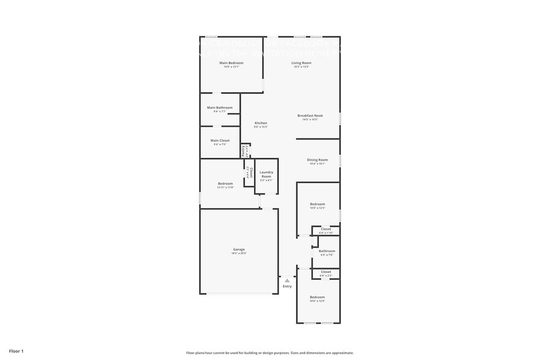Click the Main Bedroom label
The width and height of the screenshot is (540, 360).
[231, 63]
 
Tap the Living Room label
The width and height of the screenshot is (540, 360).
[301, 63]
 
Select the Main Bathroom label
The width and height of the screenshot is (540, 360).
[219, 108]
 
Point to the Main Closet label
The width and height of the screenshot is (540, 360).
[220, 141]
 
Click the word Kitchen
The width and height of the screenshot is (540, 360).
[261, 123]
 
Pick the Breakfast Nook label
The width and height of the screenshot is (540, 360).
[310, 116]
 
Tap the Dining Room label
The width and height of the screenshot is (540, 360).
[317, 160]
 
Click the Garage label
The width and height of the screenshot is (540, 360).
[239, 249]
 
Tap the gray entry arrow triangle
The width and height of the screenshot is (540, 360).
[287, 280]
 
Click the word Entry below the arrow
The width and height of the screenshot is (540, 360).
[287, 287]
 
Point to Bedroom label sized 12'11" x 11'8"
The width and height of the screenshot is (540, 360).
[225, 184]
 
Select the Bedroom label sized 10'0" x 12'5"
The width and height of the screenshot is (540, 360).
[317, 204]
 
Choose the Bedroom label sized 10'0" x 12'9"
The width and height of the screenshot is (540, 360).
[317, 297]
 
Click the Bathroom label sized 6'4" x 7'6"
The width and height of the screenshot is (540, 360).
[326, 251]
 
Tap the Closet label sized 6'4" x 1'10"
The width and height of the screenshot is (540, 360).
[326, 229]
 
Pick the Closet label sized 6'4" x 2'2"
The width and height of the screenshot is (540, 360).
[326, 272]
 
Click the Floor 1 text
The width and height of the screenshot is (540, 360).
[16, 351]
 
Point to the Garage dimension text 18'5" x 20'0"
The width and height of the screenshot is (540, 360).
[239, 253]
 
